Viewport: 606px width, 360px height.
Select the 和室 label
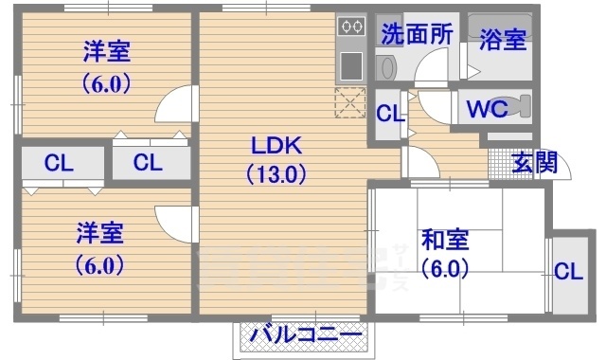(x=444, y=238)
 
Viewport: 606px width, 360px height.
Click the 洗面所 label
(x=417, y=34)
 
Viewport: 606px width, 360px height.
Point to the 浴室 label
(x=502, y=40)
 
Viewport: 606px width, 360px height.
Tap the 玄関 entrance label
(x=534, y=162)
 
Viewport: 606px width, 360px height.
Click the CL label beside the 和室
(x=568, y=272)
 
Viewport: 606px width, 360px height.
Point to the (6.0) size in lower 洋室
(x=99, y=264)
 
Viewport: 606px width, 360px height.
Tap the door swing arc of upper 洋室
(x=173, y=103)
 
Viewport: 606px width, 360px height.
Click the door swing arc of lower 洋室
(x=173, y=224)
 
